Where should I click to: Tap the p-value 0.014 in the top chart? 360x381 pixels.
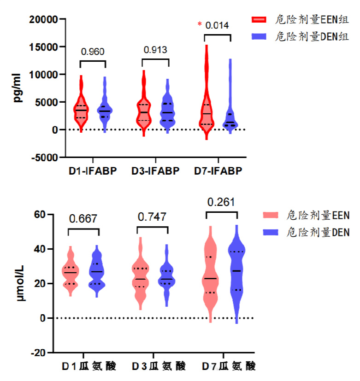tap(217, 25)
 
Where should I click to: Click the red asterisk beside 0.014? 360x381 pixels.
tap(200, 25)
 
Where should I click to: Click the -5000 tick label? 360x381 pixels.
tap(45, 157)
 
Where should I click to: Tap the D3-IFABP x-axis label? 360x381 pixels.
tap(155, 171)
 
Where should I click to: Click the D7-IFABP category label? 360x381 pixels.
tap(218, 171)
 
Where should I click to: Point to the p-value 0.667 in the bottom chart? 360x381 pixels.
tap(83, 219)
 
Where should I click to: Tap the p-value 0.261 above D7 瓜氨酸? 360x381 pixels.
tap(221, 202)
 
